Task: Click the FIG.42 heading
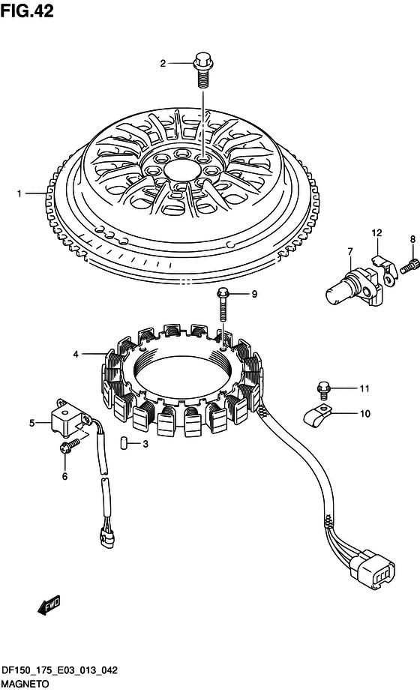tap(27, 11)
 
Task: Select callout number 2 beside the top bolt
tap(163, 64)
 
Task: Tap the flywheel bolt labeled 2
tap(202, 70)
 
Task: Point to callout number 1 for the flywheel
tap(19, 193)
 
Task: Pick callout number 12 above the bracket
tap(376, 232)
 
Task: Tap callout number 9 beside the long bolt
tap(254, 294)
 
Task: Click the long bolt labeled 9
tap(223, 304)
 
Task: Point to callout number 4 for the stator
tap(76, 354)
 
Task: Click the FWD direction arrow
tap(49, 604)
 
